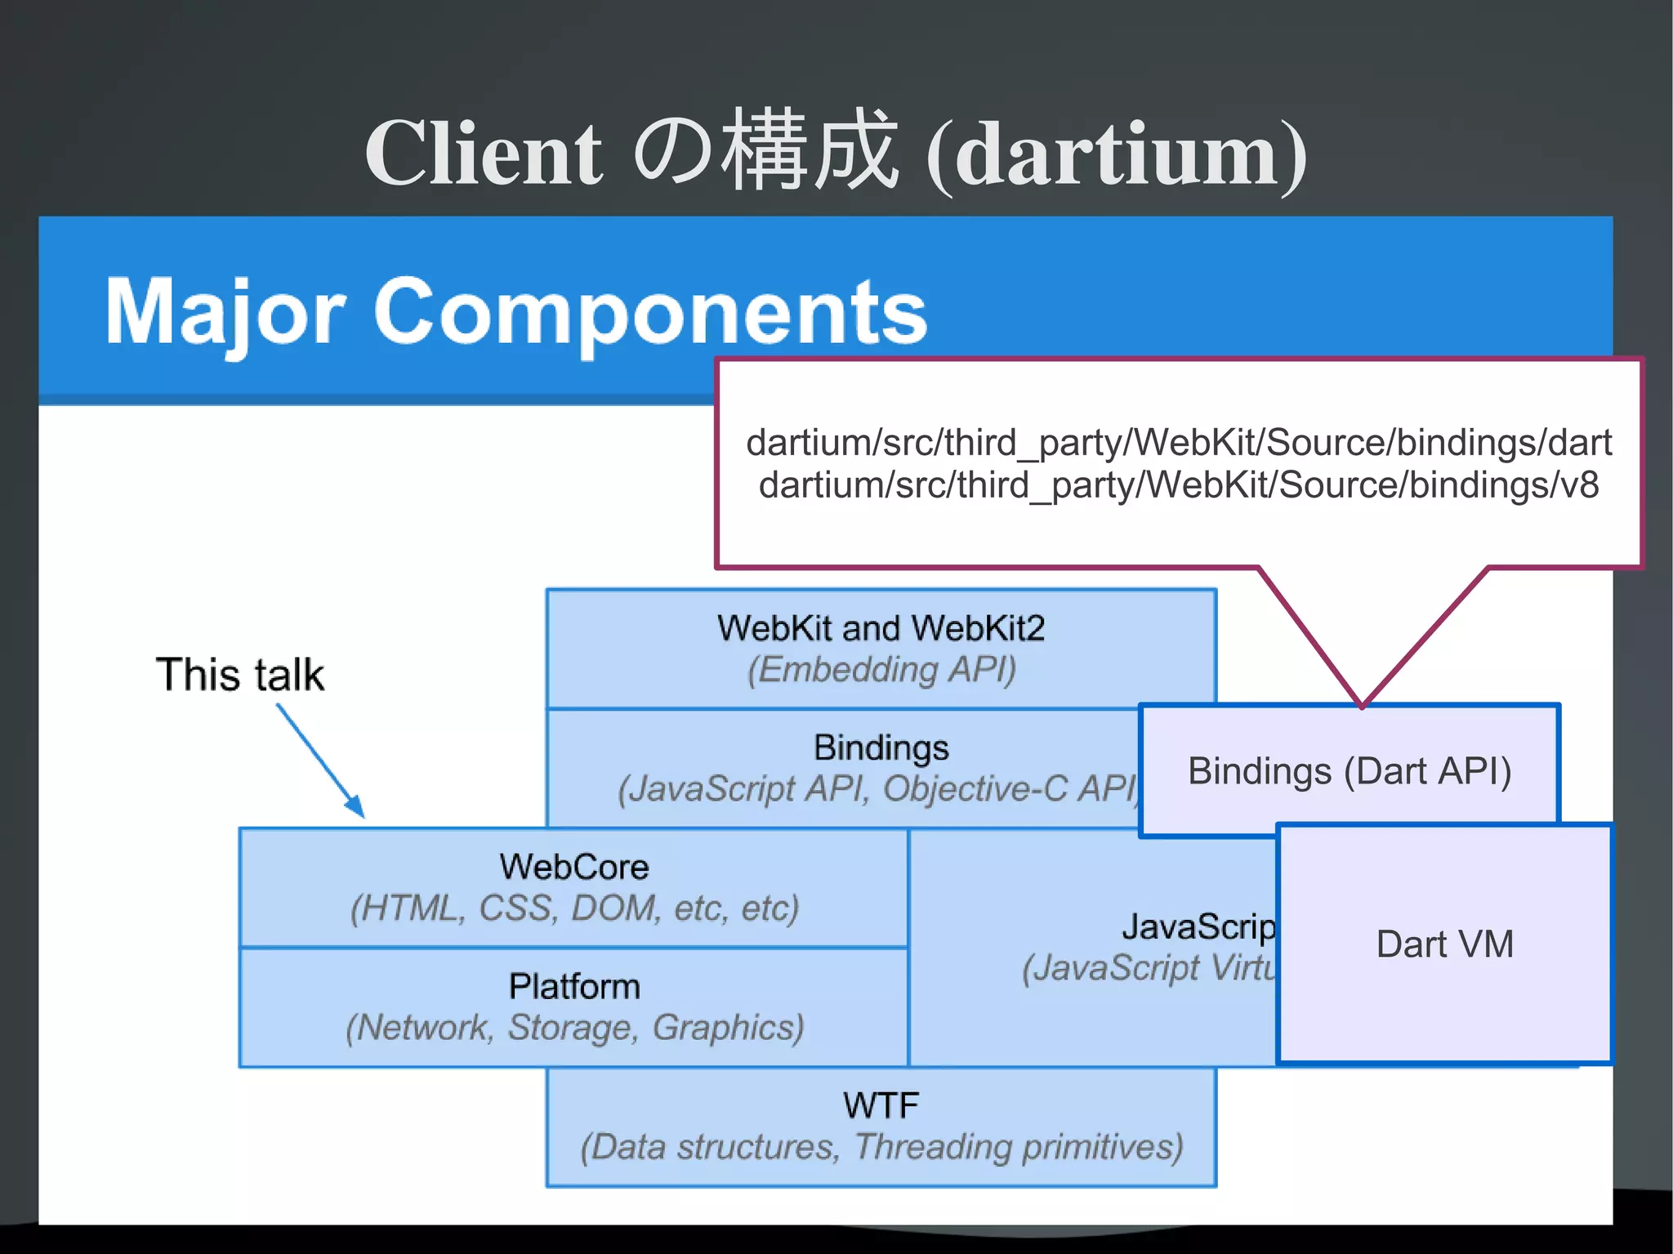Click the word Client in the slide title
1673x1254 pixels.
click(484, 154)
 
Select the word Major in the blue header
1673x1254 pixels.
click(225, 312)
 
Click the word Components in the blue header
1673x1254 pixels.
click(650, 312)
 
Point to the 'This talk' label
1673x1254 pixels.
click(240, 675)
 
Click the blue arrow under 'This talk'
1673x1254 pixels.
click(320, 760)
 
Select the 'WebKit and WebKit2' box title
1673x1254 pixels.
click(881, 628)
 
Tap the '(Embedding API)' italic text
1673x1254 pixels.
click(881, 670)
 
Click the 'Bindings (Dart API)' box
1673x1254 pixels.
click(1350, 770)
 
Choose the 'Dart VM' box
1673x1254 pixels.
click(1444, 944)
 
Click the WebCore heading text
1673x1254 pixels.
click(573, 867)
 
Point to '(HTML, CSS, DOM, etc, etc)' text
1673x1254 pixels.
click(573, 908)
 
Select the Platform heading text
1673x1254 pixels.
click(573, 986)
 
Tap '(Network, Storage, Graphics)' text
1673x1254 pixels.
click(573, 1028)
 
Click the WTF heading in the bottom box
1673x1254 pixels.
click(881, 1105)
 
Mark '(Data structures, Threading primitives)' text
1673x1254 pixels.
click(881, 1147)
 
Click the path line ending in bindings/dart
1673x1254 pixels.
click(1178, 443)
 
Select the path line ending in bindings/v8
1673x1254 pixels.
click(1178, 485)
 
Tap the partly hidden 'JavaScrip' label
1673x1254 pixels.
click(1198, 927)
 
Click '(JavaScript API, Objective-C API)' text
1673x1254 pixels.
click(877, 789)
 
